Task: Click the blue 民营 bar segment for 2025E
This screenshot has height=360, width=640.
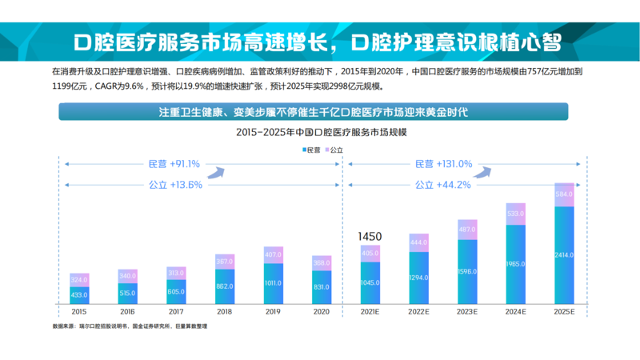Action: pyautogui.click(x=564, y=256)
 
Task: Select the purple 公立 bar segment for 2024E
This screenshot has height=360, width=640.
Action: pyautogui.click(x=515, y=214)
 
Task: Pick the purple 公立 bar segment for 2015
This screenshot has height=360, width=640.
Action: pyautogui.click(x=79, y=280)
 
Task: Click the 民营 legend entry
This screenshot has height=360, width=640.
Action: pyautogui.click(x=312, y=150)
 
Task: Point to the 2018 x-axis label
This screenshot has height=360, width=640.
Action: pyautogui.click(x=225, y=311)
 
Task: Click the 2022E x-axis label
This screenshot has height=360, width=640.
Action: pyautogui.click(x=418, y=311)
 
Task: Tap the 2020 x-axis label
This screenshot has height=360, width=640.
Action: pyautogui.click(x=322, y=311)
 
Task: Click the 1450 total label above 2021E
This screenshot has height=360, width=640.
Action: pyautogui.click(x=370, y=237)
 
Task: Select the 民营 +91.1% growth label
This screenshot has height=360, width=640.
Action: pyautogui.click(x=174, y=164)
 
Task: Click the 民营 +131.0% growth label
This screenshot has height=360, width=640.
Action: pyautogui.click(x=443, y=164)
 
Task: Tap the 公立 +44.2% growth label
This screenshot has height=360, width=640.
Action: pyautogui.click(x=442, y=184)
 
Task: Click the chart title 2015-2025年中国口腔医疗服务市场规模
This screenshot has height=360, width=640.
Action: pyautogui.click(x=319, y=131)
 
